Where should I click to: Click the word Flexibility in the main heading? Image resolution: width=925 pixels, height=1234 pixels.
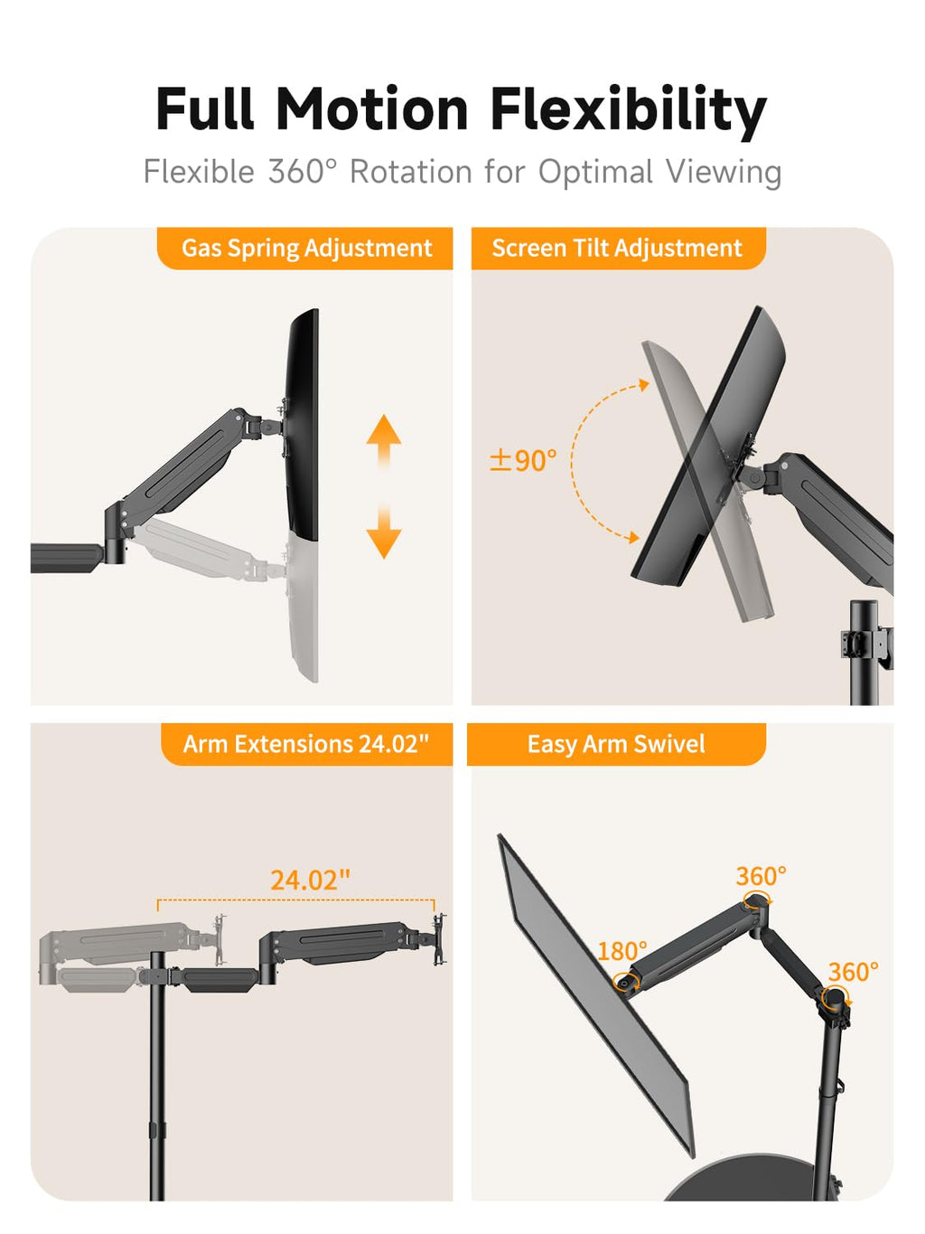pos(629,111)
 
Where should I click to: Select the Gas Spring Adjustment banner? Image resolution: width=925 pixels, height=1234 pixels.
pos(305,248)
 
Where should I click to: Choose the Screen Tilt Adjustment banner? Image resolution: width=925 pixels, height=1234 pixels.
pos(618,248)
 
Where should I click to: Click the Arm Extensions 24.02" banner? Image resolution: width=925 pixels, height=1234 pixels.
pos(306,744)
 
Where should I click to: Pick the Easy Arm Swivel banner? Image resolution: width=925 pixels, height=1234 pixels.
pos(616,744)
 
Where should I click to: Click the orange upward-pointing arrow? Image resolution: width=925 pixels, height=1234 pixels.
pos(384,439)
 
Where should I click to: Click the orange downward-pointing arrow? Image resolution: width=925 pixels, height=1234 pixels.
pos(384,532)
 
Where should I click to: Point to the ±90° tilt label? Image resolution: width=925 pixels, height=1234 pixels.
pos(523,460)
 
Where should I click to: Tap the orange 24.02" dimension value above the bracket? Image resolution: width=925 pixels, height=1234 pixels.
pos(311,881)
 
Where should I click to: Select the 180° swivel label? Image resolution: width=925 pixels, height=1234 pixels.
pos(622,951)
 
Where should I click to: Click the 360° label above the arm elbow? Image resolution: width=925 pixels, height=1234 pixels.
pos(761,876)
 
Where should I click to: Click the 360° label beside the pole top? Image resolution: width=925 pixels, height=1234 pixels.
pos(853,972)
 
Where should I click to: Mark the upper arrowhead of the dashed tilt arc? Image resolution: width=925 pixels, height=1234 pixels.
pos(644,384)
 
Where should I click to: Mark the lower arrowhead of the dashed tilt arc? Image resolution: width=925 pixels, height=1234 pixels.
pos(634,538)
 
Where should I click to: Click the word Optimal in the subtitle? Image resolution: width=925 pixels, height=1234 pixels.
pos(595,173)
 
